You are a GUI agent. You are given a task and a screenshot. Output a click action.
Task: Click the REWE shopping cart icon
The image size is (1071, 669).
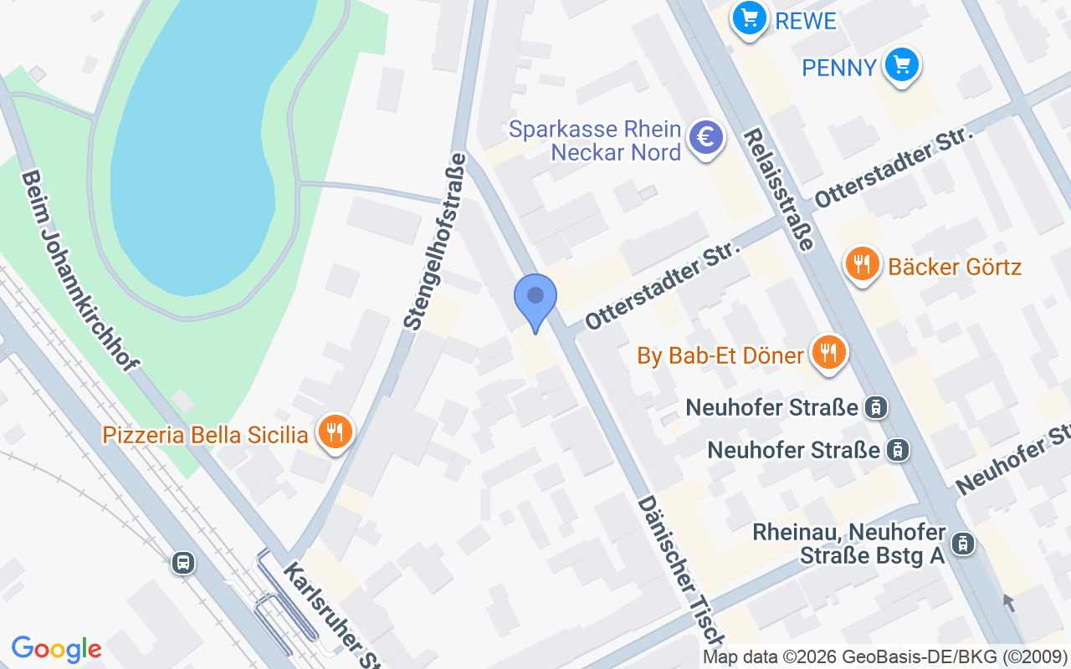point(749,17)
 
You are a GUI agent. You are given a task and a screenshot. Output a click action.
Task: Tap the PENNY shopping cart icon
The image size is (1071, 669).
point(901,64)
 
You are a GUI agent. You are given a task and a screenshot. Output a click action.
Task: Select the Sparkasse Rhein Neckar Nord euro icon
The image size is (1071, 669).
point(705,138)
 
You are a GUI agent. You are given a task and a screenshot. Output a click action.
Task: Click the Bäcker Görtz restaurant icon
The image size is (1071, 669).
point(862,265)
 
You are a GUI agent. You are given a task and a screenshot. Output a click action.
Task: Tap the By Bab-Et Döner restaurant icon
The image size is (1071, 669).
point(828,352)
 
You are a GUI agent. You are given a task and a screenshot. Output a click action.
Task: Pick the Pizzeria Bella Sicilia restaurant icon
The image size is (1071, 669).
point(335,432)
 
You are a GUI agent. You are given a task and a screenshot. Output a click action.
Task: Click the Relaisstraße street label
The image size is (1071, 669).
point(778,189)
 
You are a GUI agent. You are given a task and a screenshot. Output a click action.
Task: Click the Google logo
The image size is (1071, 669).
point(56,649)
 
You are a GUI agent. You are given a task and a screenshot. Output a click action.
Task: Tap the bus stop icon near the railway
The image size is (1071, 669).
point(182,563)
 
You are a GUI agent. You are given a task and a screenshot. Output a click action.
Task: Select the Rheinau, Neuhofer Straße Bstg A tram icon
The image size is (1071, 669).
point(963,544)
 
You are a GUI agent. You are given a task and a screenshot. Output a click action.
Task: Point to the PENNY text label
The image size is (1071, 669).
point(839,68)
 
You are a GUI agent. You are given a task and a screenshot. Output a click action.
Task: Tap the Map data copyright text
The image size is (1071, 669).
point(884,656)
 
